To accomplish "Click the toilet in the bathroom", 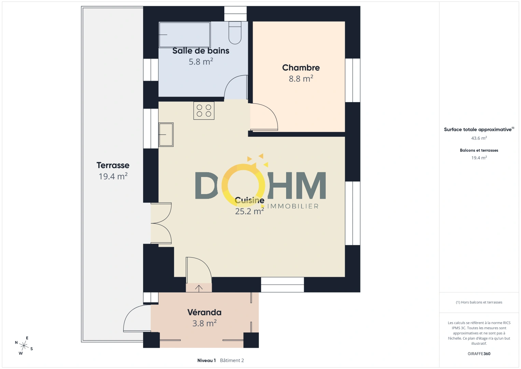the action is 235,32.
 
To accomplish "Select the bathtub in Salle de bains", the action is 184,35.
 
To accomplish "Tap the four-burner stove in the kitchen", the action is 204,111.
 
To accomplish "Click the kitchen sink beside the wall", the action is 166,135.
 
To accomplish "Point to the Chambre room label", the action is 301,68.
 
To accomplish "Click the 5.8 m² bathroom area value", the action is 201,62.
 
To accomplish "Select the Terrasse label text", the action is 113,165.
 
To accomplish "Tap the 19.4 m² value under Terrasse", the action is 113,176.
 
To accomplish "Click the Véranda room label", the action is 204,312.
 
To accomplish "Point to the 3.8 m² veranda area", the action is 204,323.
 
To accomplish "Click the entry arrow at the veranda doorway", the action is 199,288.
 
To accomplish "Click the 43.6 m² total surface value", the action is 479,138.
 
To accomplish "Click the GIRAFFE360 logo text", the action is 479,354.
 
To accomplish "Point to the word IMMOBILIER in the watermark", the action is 293,206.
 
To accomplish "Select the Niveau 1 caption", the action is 207,360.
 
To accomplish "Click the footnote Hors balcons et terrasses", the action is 479,302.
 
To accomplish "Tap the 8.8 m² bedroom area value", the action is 301,79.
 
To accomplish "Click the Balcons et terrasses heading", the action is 479,150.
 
